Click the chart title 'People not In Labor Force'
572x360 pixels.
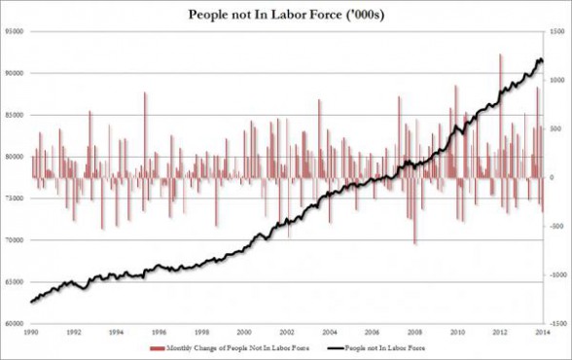click(x=285, y=14)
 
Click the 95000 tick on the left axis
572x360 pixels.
click(x=13, y=32)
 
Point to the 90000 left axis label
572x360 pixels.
click(x=13, y=73)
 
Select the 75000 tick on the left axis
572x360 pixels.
click(x=13, y=198)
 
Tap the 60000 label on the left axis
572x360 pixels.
click(x=13, y=323)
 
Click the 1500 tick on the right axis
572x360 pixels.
click(x=557, y=32)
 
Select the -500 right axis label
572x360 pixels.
click(x=556, y=226)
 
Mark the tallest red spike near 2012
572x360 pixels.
click(x=500, y=56)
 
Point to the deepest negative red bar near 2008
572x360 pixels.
click(x=414, y=241)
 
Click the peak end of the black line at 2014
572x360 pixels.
click(x=540, y=61)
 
